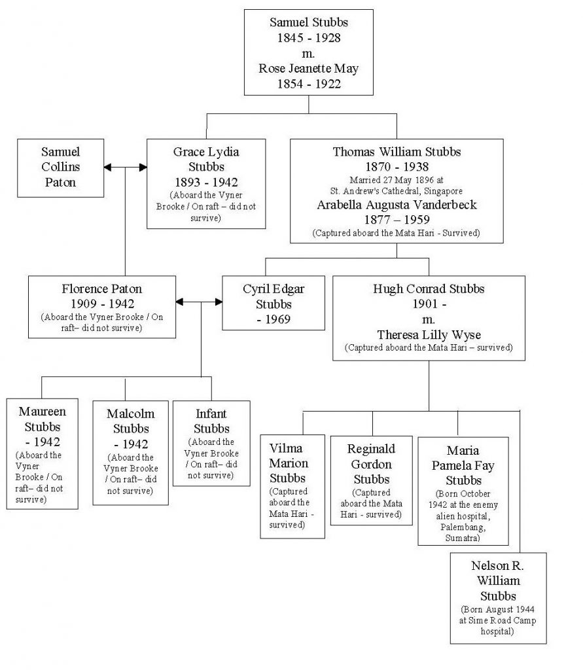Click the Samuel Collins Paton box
point(60,168)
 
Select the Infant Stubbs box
point(211,443)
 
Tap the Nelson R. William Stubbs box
point(498,598)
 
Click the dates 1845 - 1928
point(309,37)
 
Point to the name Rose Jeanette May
point(309,68)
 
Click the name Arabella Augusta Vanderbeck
point(397,205)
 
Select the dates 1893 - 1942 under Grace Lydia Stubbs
point(206,183)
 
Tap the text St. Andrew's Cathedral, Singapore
point(397,191)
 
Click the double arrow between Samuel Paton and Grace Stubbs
point(125,167)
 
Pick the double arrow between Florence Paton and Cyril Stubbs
point(199,302)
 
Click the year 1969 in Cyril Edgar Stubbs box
point(277,319)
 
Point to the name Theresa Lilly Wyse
point(429,334)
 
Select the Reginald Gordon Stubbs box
point(372,480)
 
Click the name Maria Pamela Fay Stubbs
point(463,465)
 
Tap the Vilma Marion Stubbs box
point(292,486)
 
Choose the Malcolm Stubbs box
point(130,453)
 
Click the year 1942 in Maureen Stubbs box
point(47,442)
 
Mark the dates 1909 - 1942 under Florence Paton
point(102,304)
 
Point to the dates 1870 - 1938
point(397,167)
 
